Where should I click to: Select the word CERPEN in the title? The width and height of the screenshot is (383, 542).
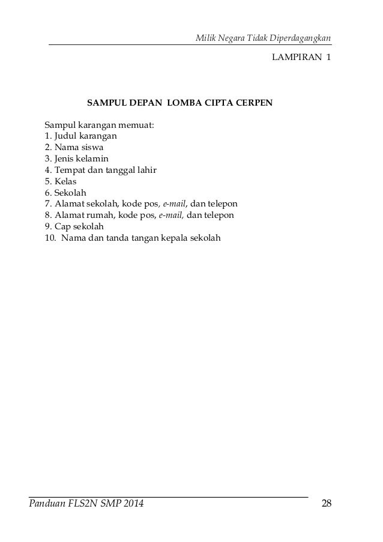tap(252, 103)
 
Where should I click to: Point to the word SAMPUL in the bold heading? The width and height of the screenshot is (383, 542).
tap(106, 103)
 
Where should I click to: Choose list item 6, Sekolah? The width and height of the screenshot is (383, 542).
tap(66, 193)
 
